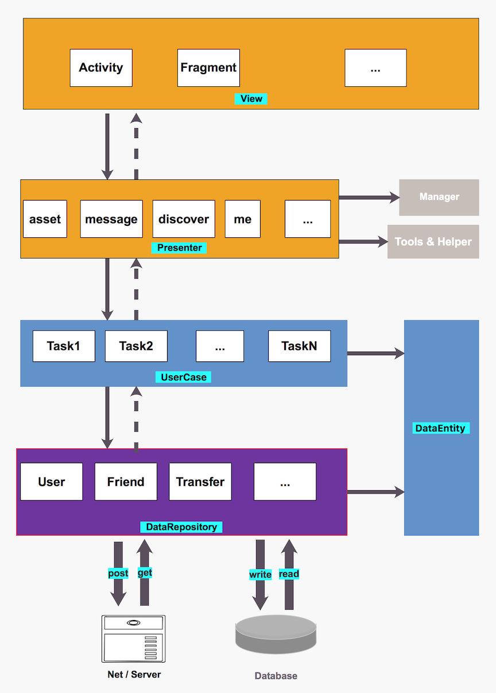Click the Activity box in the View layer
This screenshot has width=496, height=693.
click(x=101, y=68)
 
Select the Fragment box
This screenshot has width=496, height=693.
click(x=208, y=68)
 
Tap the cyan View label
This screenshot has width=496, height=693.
click(x=251, y=99)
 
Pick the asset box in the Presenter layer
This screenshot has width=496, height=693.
click(x=45, y=219)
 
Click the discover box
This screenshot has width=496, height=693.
click(x=184, y=219)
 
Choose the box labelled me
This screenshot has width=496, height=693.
click(x=242, y=219)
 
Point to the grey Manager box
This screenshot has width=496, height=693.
click(x=439, y=197)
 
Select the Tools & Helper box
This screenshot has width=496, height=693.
click(x=433, y=242)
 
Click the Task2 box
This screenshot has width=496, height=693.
click(x=136, y=346)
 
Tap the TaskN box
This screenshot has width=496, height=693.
click(x=299, y=346)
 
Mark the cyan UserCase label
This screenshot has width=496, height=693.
click(x=183, y=378)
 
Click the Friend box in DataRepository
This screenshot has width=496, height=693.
click(x=126, y=482)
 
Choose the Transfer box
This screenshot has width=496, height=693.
click(x=200, y=482)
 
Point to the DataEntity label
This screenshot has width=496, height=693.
click(x=440, y=428)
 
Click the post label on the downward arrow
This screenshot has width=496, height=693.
click(x=118, y=573)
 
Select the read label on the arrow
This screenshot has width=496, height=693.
click(x=289, y=574)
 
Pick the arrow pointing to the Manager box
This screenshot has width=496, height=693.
click(x=369, y=198)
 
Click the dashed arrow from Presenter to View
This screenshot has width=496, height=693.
click(x=136, y=147)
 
